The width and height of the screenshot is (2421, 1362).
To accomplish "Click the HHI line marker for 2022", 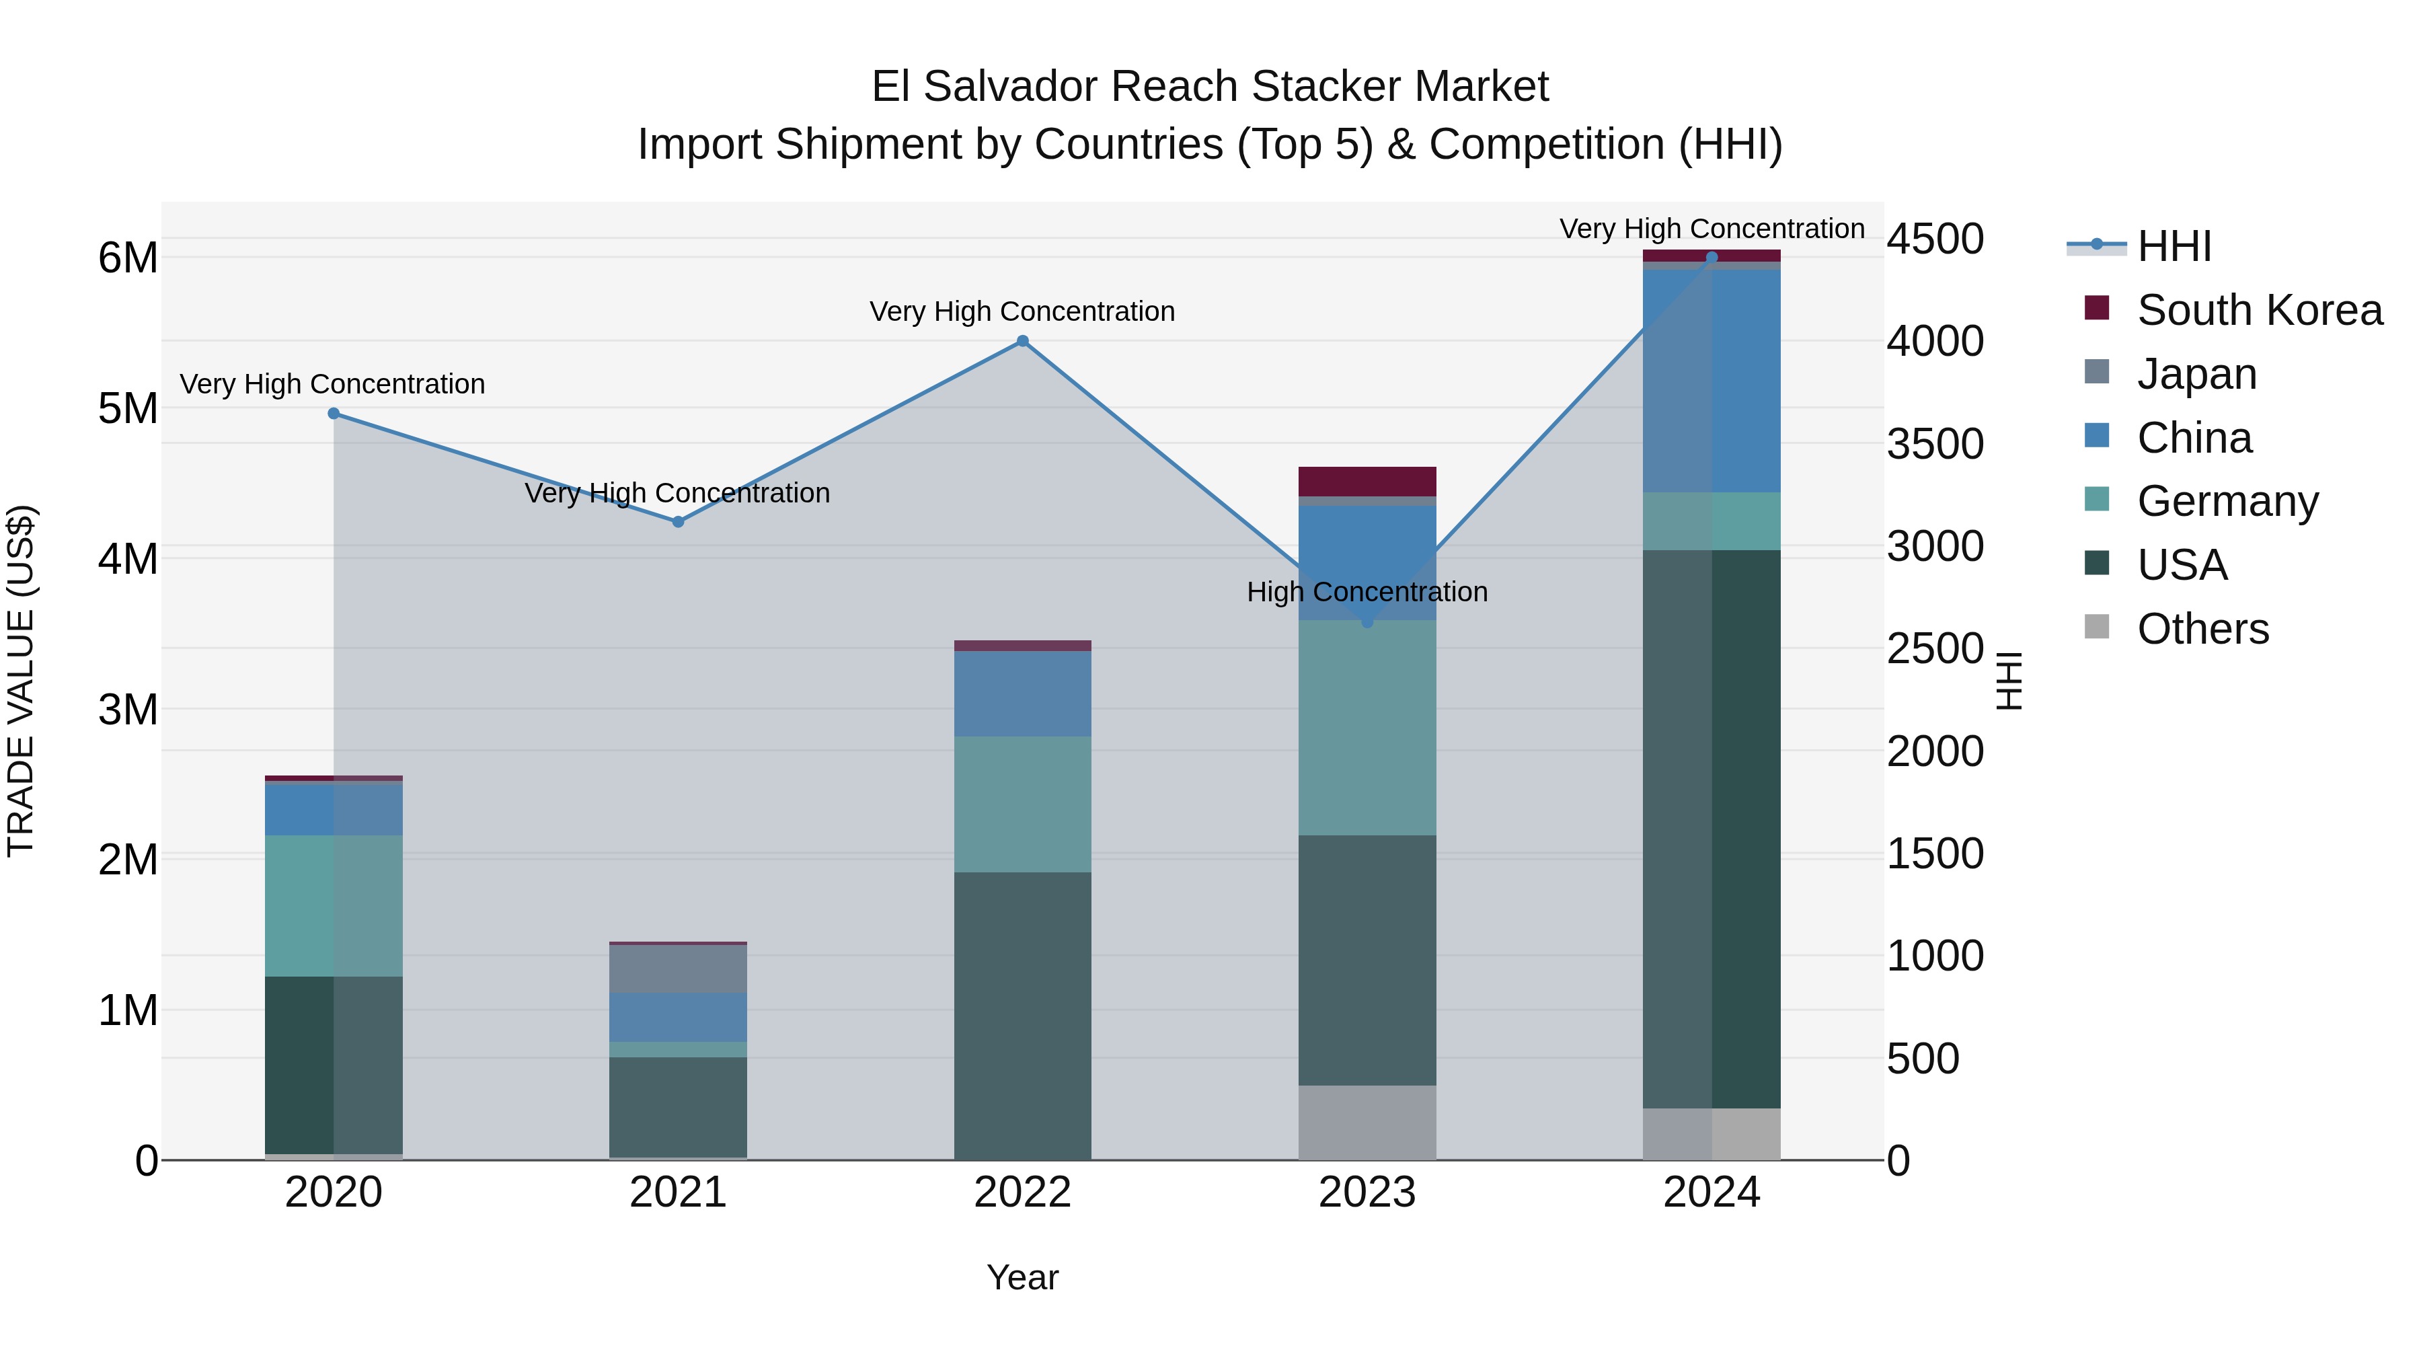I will (x=1022, y=341).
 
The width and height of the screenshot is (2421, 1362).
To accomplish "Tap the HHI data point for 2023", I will (x=1367, y=622).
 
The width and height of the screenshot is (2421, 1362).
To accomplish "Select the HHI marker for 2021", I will (x=678, y=522).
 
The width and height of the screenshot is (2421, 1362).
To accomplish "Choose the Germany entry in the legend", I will (x=2227, y=501).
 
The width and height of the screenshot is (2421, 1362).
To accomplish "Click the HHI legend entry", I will (x=2173, y=246).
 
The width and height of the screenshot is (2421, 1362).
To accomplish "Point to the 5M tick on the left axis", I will (x=128, y=409).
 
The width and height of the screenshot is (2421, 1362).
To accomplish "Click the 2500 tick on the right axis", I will (x=1935, y=648).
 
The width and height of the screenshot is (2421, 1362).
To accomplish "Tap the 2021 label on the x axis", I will (x=678, y=1193).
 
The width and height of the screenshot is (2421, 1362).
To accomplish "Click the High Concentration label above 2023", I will (x=1367, y=592).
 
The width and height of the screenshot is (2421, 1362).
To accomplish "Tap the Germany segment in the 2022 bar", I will (x=1022, y=804).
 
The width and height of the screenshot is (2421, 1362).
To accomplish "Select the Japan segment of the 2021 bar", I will (x=678, y=968).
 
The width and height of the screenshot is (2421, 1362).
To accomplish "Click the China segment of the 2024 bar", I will (x=1712, y=381).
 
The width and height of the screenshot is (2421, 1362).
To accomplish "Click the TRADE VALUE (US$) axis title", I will (x=21, y=681).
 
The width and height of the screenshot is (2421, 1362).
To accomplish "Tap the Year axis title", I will (x=1022, y=1277).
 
